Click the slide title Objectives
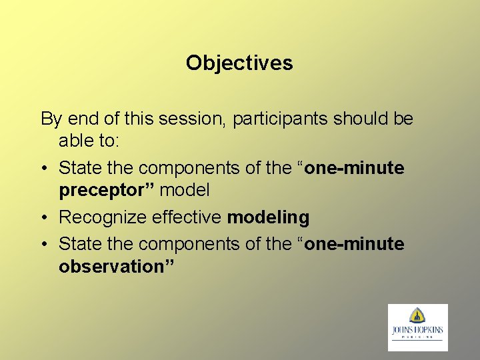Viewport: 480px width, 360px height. [239, 63]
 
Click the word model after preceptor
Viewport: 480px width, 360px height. [185, 190]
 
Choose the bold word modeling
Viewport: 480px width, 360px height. [268, 217]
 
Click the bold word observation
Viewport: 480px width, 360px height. [115, 266]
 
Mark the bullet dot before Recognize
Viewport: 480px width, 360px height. [44, 218]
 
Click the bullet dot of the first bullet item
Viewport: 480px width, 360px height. [44, 169]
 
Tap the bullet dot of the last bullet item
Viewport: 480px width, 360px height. [44, 245]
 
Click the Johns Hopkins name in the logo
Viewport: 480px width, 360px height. [417, 330]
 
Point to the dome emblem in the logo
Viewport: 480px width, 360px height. [418, 315]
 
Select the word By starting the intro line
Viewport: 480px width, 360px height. [51, 119]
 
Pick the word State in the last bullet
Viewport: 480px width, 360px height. [79, 244]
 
